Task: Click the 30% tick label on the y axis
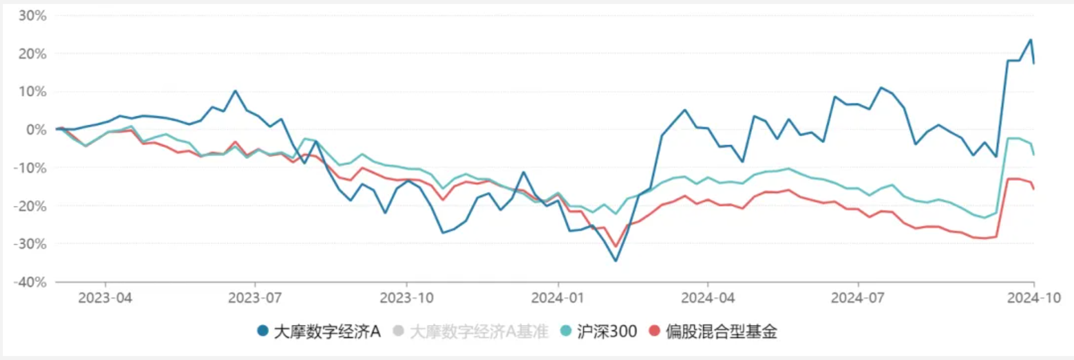tap(32, 16)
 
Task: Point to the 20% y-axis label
tap(32, 54)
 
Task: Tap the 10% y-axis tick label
tap(32, 92)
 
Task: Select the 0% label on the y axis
tap(36, 130)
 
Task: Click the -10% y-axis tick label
tap(30, 168)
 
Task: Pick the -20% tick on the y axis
tap(30, 206)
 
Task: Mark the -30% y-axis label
tap(30, 244)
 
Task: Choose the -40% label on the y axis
tap(30, 282)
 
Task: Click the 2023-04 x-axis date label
tap(105, 298)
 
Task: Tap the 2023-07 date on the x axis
tap(255, 298)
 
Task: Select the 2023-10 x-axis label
tap(406, 298)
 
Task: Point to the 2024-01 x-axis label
tap(558, 298)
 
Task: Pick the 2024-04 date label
tap(708, 298)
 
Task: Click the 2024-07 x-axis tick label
tap(857, 298)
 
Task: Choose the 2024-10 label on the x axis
tap(1034, 298)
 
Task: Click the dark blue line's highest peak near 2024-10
tap(1030, 40)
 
